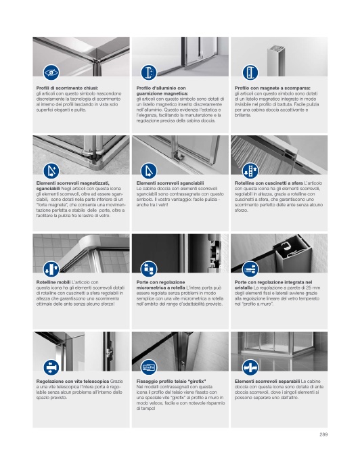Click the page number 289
323,434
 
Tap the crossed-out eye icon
51,72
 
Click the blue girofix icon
149,367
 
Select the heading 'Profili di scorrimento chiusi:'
67,88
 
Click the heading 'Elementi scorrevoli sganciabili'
170,183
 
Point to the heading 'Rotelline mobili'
53,282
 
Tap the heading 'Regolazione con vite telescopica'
72,381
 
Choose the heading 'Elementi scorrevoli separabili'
267,381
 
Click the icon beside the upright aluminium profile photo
250,72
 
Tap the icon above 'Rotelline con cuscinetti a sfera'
250,171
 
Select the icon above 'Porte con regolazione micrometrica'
149,269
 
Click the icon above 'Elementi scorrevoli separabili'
250,367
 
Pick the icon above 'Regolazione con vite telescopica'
51,367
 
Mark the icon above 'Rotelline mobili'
51,269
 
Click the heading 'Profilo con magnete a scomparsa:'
272,88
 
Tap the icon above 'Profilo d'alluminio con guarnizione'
149,72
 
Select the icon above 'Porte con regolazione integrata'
250,269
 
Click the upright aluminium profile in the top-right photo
276,60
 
